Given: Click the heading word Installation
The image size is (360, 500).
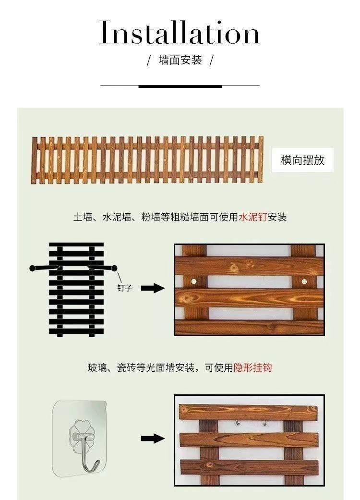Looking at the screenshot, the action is pos(180,32).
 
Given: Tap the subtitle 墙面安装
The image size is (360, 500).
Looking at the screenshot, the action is pos(180,60).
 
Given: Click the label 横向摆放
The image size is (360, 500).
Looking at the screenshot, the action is pos(302,160).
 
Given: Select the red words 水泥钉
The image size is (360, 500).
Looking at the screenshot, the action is pos(253,217).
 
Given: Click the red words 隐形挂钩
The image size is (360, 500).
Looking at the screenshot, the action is pos(253,367).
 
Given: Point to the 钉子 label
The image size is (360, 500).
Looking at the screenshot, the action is pos(125,288).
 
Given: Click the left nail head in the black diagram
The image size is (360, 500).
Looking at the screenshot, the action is pos(32,268).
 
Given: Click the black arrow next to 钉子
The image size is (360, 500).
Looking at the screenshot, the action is pos(153,288).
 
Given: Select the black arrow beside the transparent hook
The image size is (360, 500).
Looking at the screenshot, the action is pos(153,439).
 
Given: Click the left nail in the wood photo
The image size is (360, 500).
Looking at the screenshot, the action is pos(194,281).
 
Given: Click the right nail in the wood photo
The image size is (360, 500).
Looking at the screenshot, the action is pos(304,281).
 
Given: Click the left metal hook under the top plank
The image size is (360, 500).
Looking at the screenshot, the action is pos(237,423).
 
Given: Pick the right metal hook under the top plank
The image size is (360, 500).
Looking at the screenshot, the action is pos(264,423).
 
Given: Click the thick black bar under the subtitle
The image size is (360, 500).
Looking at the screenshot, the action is pos(180,86).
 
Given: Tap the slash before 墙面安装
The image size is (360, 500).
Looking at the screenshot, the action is pos(149,60).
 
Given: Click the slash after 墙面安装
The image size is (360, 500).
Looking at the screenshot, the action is pos(211,60).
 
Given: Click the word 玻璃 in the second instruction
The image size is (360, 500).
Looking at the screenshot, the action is pos(97,367).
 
